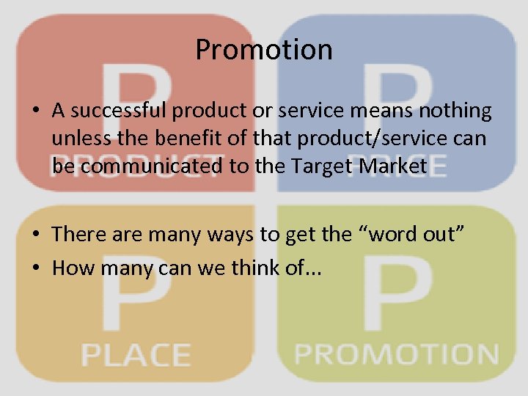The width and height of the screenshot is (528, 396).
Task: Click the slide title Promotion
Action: pyautogui.click(x=264, y=50)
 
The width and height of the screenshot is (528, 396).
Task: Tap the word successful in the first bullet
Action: pyautogui.click(x=119, y=111)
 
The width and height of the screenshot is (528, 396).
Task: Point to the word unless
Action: pyautogui.click(x=76, y=139)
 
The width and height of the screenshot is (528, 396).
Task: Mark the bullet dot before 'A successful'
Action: pyautogui.click(x=36, y=112)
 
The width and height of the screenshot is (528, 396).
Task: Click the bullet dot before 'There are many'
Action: pyautogui.click(x=36, y=235)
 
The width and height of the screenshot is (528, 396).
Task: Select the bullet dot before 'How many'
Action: pyautogui.click(x=36, y=268)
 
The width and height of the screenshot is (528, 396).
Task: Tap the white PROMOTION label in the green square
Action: pyautogui.click(x=396, y=354)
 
